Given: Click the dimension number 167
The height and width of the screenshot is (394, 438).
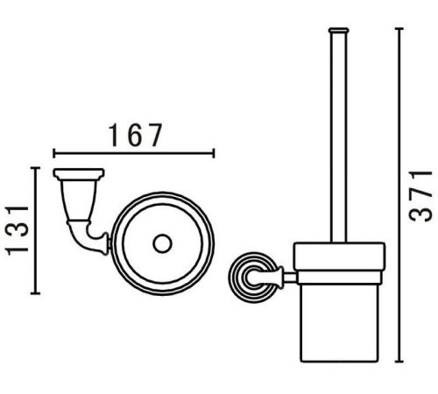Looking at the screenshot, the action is tap(135, 135).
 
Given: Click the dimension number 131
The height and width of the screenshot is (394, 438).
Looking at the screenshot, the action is tap(17, 230).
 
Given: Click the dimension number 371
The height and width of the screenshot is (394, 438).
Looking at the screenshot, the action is tap(420, 196).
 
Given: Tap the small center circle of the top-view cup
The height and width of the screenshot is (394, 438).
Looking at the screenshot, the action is tap(162, 243).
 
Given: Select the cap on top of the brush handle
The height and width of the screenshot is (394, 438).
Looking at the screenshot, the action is tap(338, 30).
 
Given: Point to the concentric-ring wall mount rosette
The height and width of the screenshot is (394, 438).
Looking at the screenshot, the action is tap(253, 277).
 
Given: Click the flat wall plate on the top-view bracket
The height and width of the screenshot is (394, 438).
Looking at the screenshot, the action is tap(79, 173).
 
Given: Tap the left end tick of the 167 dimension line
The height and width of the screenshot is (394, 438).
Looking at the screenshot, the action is tap(53, 153).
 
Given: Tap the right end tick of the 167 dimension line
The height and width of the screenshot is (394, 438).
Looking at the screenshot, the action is tap(214, 153).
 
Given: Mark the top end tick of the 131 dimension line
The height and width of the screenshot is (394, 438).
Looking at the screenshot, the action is tap(35, 168).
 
